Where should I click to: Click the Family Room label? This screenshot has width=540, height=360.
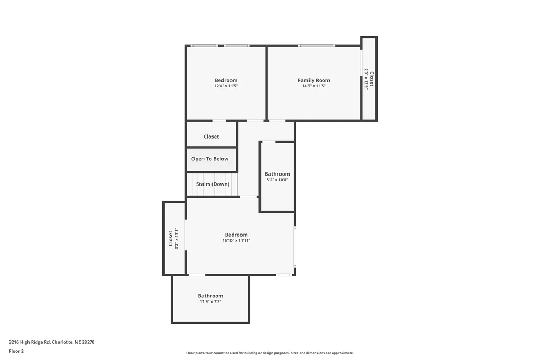point(314,80)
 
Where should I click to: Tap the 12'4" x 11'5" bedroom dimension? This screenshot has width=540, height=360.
point(226,86)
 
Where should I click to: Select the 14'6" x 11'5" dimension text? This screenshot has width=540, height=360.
point(314,86)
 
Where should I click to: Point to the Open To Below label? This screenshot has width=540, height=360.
point(210,159)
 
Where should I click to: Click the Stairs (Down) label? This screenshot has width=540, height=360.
point(213,184)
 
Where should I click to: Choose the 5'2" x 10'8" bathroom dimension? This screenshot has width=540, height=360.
point(277,180)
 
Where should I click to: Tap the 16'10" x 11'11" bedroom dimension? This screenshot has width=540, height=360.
point(236,240)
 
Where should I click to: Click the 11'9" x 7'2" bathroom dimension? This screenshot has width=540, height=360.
point(210,301)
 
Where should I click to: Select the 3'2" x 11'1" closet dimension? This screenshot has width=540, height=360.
point(176,238)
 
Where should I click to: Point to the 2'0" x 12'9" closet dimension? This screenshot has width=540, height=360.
point(367,79)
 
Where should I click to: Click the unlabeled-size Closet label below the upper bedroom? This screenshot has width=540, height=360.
point(211,137)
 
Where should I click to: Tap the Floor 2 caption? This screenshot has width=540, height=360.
point(16,351)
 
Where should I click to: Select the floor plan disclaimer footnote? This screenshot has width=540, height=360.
point(269,353)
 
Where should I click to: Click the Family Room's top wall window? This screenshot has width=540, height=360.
point(316,45)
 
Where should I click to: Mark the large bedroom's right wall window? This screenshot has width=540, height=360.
point(295,247)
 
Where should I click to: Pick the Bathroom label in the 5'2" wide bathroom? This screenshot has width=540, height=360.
point(277,174)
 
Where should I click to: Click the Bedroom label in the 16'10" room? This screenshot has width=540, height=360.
point(236,235)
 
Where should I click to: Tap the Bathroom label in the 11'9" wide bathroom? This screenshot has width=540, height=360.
point(210,296)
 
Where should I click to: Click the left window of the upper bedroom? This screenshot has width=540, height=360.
point(204,45)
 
